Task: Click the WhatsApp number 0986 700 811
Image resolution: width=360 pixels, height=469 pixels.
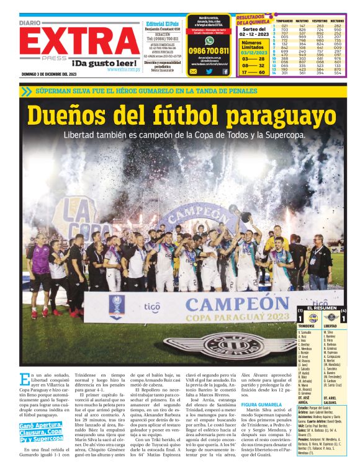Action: (x=209, y=51)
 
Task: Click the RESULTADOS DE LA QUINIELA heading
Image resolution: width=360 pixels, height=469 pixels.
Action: (x=251, y=20)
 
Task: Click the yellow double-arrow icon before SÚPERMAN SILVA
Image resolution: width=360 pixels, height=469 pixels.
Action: (x=25, y=91)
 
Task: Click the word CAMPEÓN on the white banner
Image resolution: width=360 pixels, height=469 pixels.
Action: (x=230, y=305)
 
